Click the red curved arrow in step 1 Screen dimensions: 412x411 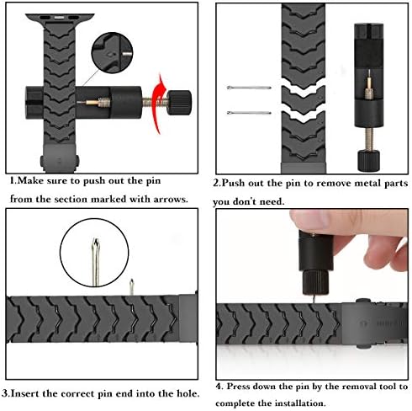[158, 104]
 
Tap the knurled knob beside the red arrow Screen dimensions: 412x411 [179, 103]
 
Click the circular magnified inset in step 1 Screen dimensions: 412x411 [112, 53]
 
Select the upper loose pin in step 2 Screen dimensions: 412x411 [249, 88]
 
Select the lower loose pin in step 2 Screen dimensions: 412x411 [249, 113]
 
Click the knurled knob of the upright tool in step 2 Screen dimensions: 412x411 [369, 161]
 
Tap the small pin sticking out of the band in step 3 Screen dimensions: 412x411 [131, 287]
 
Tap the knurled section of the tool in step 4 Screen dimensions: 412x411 [315, 282]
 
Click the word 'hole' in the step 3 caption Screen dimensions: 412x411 [187, 393]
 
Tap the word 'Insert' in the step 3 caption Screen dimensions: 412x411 [24, 393]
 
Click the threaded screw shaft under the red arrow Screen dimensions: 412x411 [155, 103]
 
